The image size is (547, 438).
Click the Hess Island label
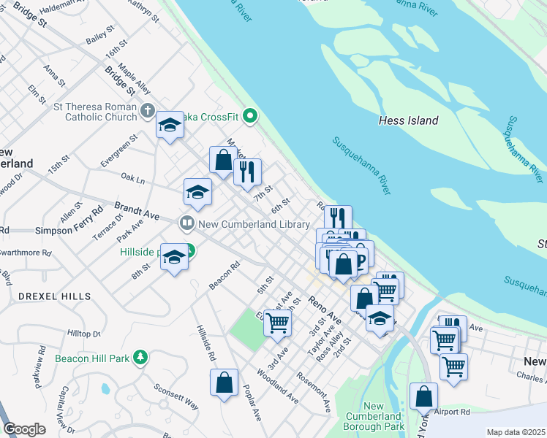pyautogui.click(x=409, y=120)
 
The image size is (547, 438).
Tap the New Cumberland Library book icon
pyautogui.click(x=187, y=223)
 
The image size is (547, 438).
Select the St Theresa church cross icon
pyautogui.click(x=147, y=111)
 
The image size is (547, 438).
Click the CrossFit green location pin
pyautogui.click(x=250, y=115)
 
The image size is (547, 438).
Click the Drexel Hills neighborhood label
pyautogui.click(x=55, y=296)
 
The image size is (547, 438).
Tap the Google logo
pyautogui.click(x=24, y=429)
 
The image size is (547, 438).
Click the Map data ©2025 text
pyautogui.click(x=515, y=432)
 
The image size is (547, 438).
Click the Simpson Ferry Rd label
pyautogui.click(x=69, y=230)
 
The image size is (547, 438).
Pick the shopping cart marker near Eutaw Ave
pyautogui.click(x=277, y=320)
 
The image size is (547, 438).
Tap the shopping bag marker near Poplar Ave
pyautogui.click(x=224, y=382)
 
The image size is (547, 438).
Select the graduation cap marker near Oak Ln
pyautogui.click(x=197, y=192)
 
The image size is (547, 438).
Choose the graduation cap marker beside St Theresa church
pyautogui.click(x=170, y=125)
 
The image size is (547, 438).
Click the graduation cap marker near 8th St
pyautogui.click(x=174, y=256)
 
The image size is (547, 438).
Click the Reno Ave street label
pyautogui.click(x=325, y=309)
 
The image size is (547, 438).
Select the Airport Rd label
pyautogui.click(x=450, y=412)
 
